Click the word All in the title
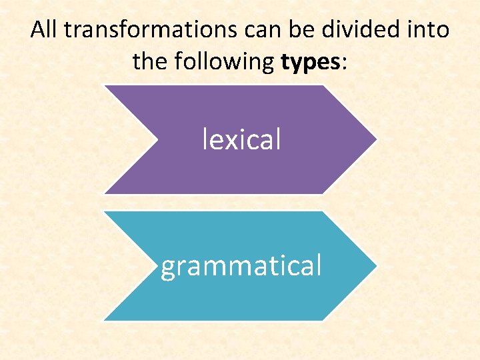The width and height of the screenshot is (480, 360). (x=44, y=30)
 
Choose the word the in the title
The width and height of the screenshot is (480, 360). (x=147, y=62)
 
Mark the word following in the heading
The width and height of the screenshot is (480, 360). (x=222, y=62)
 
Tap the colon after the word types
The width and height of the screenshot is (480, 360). (x=345, y=63)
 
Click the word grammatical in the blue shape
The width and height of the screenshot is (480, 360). (x=241, y=265)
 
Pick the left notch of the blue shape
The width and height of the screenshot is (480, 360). (x=157, y=265)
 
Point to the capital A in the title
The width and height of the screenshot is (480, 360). (x=38, y=30)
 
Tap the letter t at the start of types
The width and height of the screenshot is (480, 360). (x=285, y=62)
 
